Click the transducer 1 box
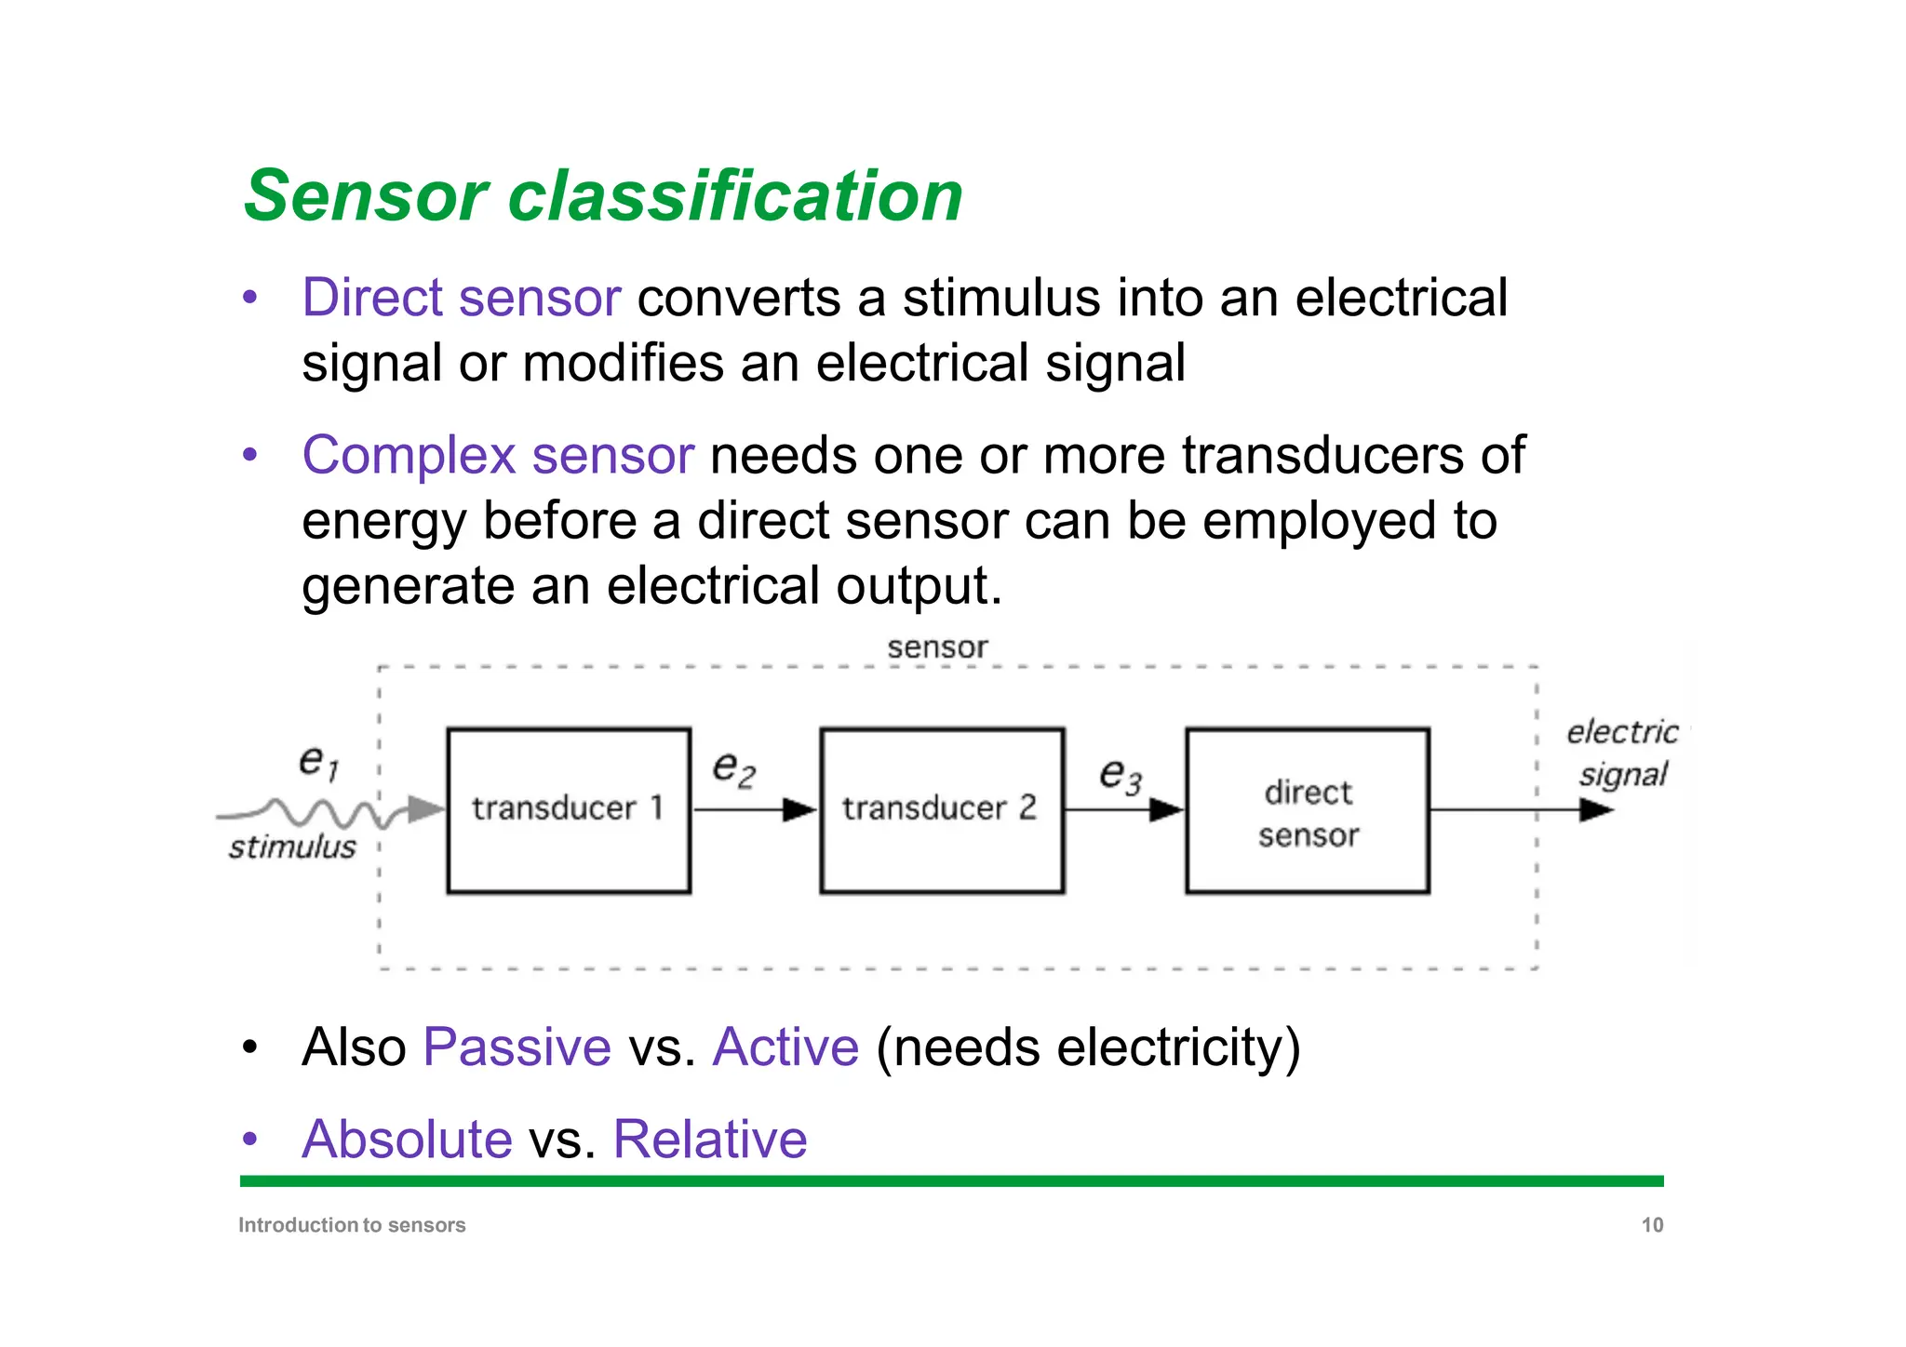point(569,810)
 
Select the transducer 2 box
point(941,810)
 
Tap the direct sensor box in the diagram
point(1307,810)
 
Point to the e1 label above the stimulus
point(318,762)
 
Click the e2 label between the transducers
point(733,768)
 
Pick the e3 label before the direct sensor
point(1120,775)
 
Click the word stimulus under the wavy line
point(292,847)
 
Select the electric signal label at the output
point(1623,753)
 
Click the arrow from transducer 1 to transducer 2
point(754,810)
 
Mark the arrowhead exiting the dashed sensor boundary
point(1595,810)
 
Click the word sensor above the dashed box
point(936,647)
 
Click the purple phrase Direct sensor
point(461,299)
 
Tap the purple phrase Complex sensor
point(498,456)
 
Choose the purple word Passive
point(517,1047)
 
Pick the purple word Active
point(785,1047)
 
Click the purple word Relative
point(710,1139)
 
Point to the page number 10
point(1651,1225)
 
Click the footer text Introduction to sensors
point(352,1225)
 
